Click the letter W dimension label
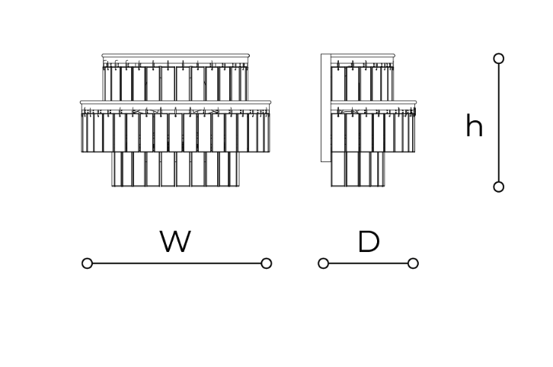[175, 241]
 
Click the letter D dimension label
[369, 241]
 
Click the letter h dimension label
[474, 125]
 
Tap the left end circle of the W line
[87, 263]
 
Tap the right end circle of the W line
[267, 263]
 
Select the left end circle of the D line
[324, 263]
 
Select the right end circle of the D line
[413, 263]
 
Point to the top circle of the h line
[499, 59]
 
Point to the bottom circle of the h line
[499, 187]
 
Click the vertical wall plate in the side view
[326, 107]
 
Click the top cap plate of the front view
[176, 56]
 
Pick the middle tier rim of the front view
[176, 103]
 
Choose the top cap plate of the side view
[363, 56]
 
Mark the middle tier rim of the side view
[373, 103]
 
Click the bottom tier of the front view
[176, 169]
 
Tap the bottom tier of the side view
[357, 169]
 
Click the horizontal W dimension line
[177, 263]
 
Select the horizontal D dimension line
[368, 263]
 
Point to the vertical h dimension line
[499, 123]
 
